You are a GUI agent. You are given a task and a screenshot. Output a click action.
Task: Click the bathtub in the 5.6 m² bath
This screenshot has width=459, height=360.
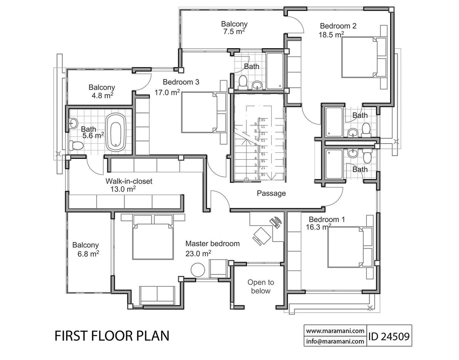point(116,132)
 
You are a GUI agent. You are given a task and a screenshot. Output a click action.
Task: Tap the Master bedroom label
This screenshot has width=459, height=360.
point(212,244)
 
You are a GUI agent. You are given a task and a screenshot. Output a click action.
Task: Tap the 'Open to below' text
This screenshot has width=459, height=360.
point(261,287)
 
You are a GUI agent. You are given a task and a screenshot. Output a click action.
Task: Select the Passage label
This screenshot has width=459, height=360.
point(271,193)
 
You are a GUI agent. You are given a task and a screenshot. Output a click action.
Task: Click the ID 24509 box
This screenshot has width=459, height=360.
point(389,335)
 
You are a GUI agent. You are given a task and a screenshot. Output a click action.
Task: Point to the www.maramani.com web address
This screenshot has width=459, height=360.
point(335,330)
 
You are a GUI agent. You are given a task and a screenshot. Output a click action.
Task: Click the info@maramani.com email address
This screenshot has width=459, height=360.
point(335,341)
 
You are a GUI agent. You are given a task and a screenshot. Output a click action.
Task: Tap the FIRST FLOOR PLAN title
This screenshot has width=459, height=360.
point(112,336)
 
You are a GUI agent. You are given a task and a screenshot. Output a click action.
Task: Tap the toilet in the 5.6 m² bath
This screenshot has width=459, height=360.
point(77,146)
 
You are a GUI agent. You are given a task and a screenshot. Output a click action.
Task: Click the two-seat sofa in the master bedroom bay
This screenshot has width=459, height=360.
point(157,294)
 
